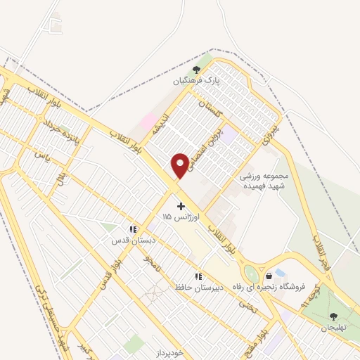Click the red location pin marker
(x=181, y=165)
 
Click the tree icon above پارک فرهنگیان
(x=196, y=70)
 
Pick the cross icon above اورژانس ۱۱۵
(x=181, y=206)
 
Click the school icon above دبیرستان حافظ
(x=198, y=276)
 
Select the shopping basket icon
(x=268, y=276)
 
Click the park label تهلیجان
(x=334, y=328)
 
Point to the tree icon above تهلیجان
(x=334, y=316)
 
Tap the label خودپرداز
(x=169, y=352)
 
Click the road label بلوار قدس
(x=103, y=278)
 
